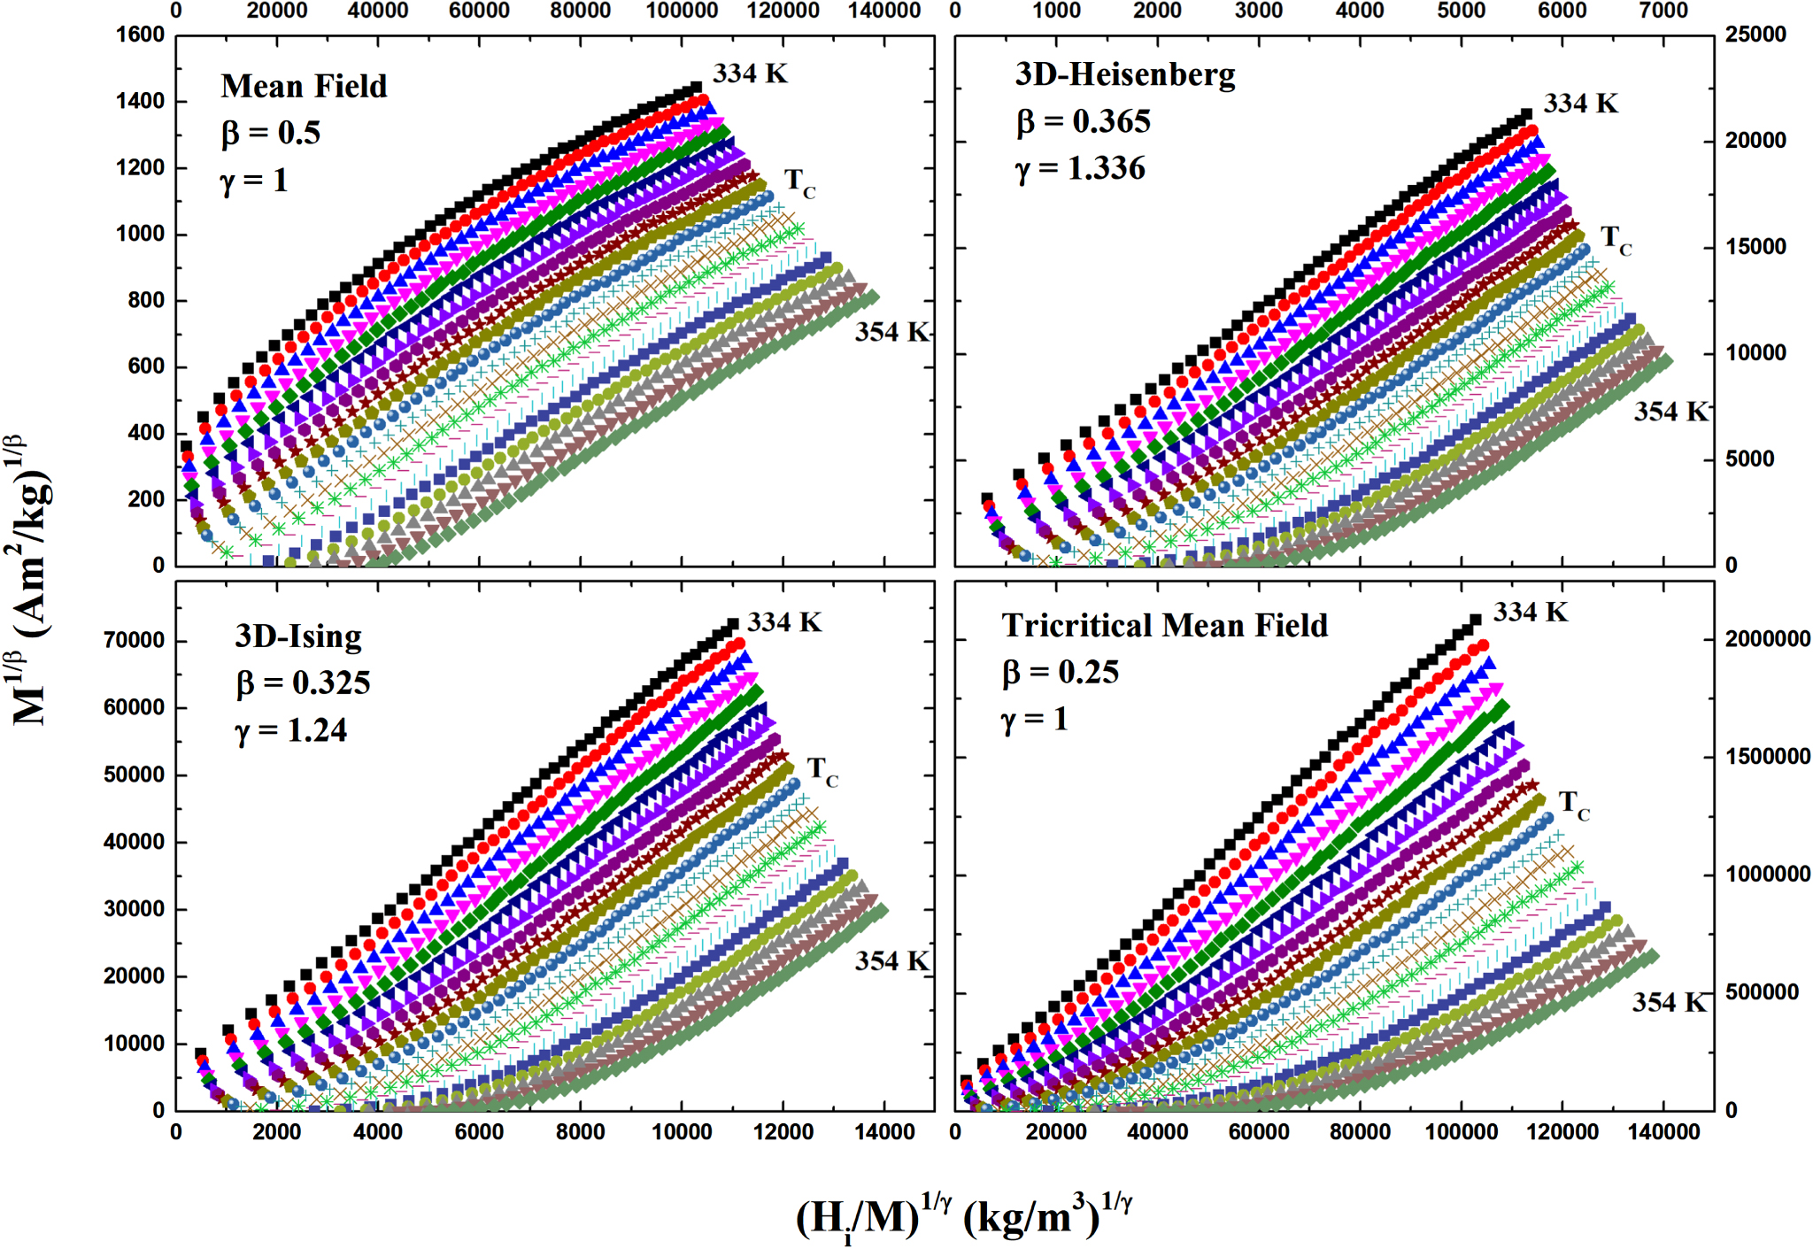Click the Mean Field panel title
tap(304, 87)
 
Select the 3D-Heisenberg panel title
tap(1124, 74)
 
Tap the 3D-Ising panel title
tap(298, 636)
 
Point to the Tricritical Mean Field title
tap(1164, 626)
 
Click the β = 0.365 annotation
tap(1083, 121)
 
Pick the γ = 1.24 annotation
tap(291, 730)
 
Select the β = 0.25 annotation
tap(1061, 673)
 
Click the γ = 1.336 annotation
tap(1080, 168)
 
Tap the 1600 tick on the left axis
tap(140, 35)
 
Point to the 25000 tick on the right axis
tap(1755, 35)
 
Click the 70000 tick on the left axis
tap(134, 640)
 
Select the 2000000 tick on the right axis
tap(1767, 639)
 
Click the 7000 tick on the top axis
tap(1663, 11)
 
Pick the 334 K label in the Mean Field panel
tap(750, 73)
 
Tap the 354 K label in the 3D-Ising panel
tap(891, 961)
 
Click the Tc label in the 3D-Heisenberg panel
tap(1616, 239)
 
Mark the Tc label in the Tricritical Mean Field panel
tap(1574, 805)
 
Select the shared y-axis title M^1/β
tap(31, 580)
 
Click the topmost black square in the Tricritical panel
tap(1475, 621)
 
